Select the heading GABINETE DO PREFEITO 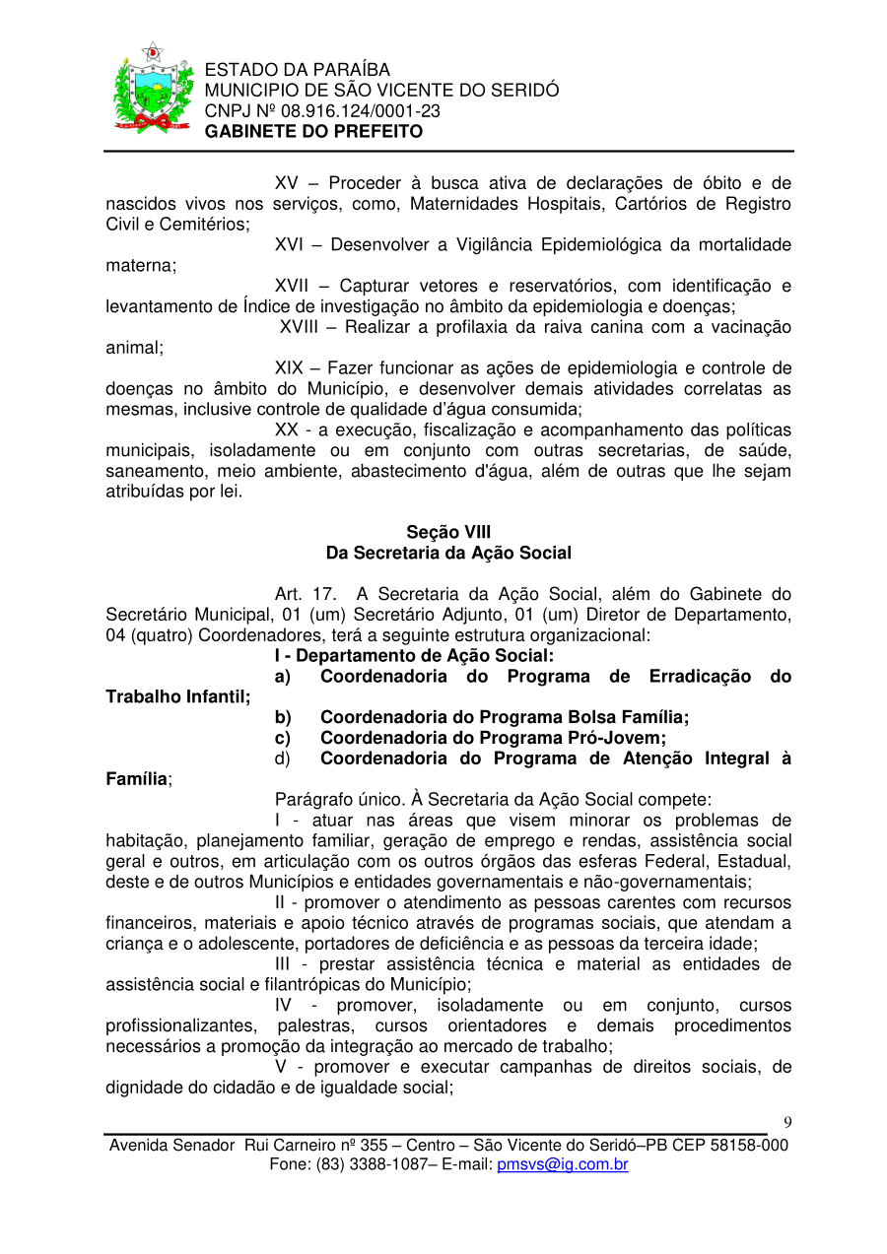(x=313, y=132)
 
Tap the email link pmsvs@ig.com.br (x=563, y=1165)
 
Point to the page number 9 (x=787, y=1123)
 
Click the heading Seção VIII (x=448, y=533)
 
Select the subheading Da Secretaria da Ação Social (x=448, y=554)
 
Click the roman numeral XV (x=287, y=183)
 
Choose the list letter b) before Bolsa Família (x=283, y=717)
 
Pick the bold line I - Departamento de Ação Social (x=414, y=656)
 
